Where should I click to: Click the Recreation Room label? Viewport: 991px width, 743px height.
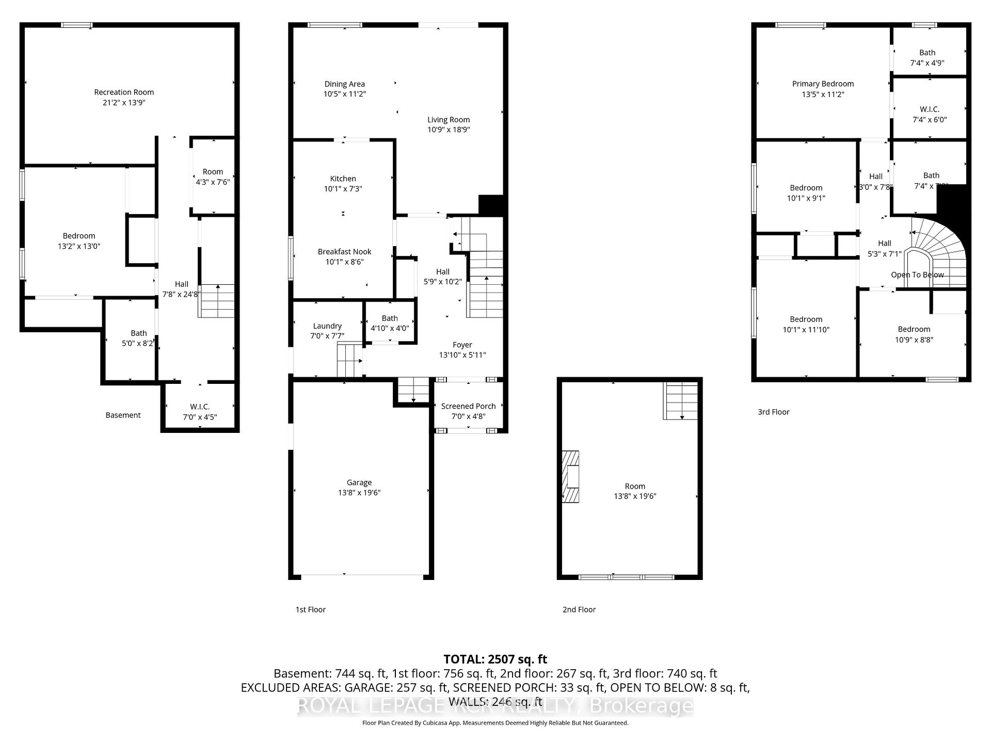point(124,92)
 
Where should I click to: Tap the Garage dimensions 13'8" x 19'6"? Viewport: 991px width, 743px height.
point(359,493)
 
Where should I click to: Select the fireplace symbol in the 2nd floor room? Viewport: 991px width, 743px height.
point(571,476)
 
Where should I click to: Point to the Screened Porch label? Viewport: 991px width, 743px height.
point(468,407)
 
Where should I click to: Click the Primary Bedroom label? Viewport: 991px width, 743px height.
point(823,84)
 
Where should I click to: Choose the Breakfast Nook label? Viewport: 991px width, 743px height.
point(344,252)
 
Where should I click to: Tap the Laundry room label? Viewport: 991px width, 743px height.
point(327,326)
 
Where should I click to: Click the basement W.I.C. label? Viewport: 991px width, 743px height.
point(200,407)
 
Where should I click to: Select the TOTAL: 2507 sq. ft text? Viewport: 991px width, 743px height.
point(495,659)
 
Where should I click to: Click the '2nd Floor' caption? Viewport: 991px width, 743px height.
point(579,610)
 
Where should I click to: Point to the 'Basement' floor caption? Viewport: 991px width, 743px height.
point(123,415)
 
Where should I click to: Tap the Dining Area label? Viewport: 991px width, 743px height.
point(344,84)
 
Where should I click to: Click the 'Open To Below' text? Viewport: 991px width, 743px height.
point(917,275)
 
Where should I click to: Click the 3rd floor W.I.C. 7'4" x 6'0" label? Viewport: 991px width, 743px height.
point(929,115)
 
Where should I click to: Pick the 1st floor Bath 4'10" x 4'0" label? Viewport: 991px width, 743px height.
point(390,324)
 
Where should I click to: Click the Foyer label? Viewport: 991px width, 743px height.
point(462,345)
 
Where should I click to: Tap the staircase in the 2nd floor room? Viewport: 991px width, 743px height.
point(680,401)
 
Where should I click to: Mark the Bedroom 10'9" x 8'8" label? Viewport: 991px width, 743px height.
point(914,334)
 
